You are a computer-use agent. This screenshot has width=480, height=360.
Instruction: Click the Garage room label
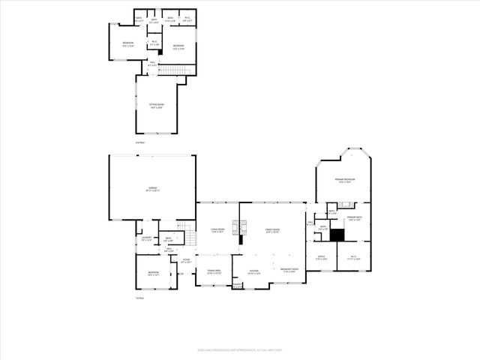click(x=153, y=190)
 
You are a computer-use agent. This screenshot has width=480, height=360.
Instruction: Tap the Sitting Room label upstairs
click(x=157, y=106)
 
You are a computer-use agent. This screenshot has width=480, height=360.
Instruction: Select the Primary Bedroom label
click(x=345, y=180)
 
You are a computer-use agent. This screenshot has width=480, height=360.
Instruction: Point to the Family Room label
click(x=271, y=231)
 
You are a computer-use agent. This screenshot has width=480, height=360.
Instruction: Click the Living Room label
click(x=217, y=231)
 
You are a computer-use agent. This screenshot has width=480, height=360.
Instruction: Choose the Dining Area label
click(x=214, y=272)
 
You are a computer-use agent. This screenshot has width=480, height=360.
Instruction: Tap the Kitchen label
click(x=253, y=272)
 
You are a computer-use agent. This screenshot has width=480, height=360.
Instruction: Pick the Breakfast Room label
click(x=290, y=270)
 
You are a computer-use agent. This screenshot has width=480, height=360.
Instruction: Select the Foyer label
click(x=186, y=262)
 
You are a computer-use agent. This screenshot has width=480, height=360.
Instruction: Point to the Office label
click(x=321, y=257)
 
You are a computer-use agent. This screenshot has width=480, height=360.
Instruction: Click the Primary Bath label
click(x=355, y=218)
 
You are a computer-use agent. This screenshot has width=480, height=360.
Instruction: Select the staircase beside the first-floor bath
click(x=190, y=237)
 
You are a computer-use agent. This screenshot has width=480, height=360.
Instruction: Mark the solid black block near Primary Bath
click(x=337, y=235)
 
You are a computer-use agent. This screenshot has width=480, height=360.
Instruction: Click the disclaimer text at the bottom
click(x=239, y=349)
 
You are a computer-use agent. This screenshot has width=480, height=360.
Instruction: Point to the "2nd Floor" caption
click(x=139, y=142)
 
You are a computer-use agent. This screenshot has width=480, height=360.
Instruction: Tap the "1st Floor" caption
click(x=139, y=298)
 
